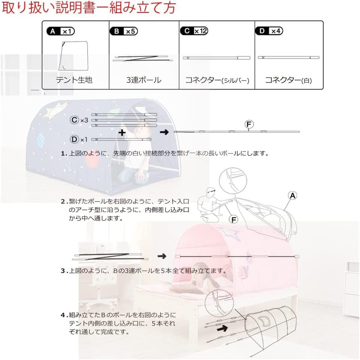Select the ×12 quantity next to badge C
[x=201, y=31]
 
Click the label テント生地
[x=74, y=80]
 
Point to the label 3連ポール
[x=144, y=80]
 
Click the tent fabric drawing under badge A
[x=74, y=56]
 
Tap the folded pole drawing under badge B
[x=144, y=59]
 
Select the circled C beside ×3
[x=74, y=120]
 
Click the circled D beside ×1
[x=74, y=139]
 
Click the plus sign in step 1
[x=121, y=133]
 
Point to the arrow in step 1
[x=164, y=132]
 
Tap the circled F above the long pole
[x=248, y=123]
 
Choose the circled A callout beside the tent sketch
[x=293, y=195]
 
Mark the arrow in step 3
[x=162, y=256]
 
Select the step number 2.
[x=63, y=201]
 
